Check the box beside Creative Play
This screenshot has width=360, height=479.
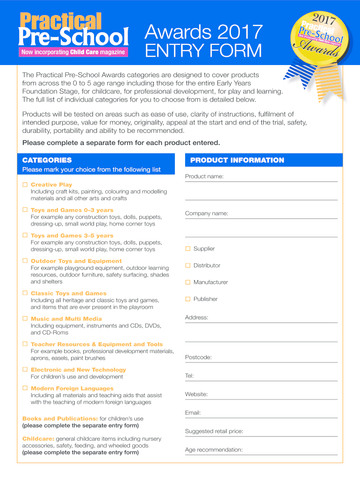(25, 185)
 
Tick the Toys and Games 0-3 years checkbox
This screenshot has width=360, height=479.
(25, 210)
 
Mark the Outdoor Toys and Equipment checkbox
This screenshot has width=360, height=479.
(25, 261)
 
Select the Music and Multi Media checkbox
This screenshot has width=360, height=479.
(25, 319)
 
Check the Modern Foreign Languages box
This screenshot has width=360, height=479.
(25, 388)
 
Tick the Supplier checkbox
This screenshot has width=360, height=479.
(188, 248)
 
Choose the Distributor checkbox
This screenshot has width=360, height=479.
(188, 265)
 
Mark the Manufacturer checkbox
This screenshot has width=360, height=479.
(188, 282)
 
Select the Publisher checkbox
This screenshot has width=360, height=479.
(188, 299)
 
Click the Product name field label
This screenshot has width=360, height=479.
(204, 176)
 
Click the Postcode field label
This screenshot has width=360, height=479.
(198, 357)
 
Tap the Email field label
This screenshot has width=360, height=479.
(193, 413)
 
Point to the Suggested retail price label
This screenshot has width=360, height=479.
(214, 431)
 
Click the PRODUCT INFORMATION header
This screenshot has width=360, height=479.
(237, 160)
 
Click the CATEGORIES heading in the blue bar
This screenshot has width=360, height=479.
(47, 160)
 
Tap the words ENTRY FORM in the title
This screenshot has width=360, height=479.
(203, 51)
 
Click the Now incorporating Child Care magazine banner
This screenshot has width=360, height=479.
(73, 52)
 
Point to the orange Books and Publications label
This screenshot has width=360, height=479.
(60, 419)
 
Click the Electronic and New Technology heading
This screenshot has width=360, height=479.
(78, 370)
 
